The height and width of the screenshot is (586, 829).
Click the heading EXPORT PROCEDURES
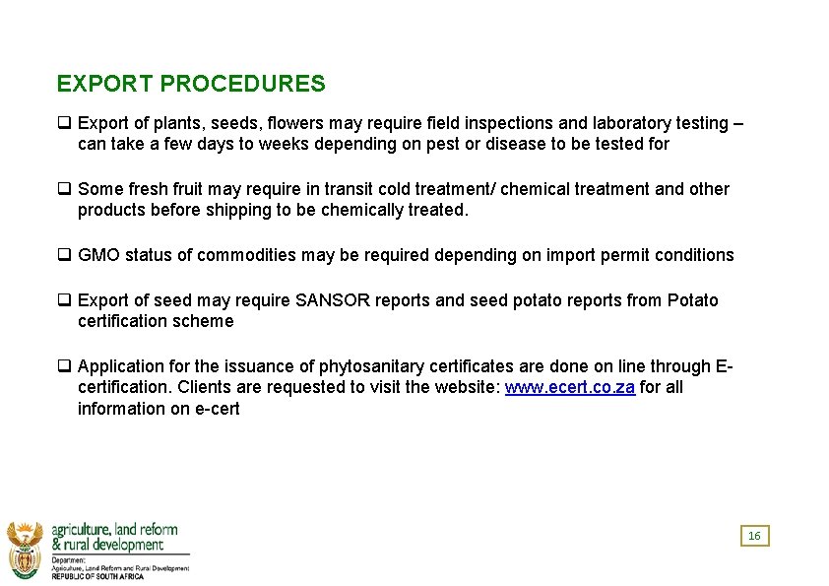(x=191, y=84)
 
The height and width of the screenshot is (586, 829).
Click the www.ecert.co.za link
(x=569, y=387)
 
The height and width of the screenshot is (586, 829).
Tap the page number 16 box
(x=754, y=536)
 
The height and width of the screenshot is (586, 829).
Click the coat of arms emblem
(x=25, y=549)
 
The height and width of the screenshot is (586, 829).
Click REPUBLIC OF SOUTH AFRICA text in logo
(x=97, y=576)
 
